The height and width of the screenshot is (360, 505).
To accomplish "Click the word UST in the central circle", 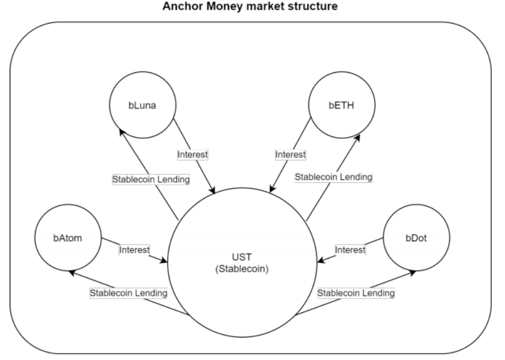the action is (242, 257).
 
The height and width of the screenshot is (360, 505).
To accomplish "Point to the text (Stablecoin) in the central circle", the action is (242, 269).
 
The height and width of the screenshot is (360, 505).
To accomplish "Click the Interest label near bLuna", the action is (192, 154).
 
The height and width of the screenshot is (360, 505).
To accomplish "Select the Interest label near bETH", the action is (291, 154).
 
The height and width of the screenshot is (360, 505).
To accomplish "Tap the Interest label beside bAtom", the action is (134, 250).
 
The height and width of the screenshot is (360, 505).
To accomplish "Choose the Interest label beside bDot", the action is (350, 250).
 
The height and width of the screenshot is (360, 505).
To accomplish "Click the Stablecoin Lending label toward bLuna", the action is (151, 179).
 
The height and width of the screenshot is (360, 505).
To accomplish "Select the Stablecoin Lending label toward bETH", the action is (334, 177).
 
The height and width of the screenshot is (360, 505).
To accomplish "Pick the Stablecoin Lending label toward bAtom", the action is (129, 293).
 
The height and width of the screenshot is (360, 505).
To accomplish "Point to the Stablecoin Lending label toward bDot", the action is (356, 293).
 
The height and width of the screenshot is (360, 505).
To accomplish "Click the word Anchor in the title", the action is (183, 6).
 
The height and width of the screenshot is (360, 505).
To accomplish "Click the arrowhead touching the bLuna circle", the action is (122, 132).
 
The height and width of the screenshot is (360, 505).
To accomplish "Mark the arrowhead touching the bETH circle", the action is (357, 138).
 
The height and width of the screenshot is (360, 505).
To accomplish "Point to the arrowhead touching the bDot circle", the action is (412, 273).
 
